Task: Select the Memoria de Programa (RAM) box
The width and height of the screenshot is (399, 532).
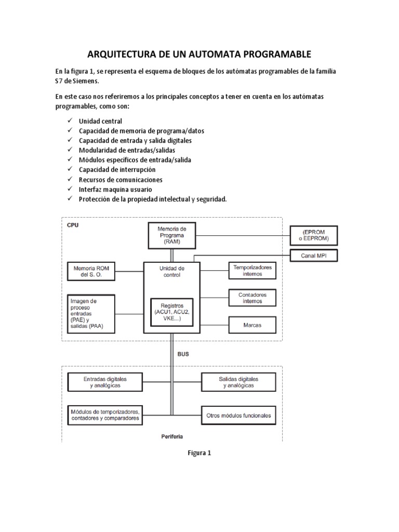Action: pyautogui.click(x=171, y=235)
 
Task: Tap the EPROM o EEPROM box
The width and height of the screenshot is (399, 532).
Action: pyautogui.click(x=313, y=235)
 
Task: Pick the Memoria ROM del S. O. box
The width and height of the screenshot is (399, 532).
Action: pyautogui.click(x=91, y=271)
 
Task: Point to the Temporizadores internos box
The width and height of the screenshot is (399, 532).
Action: pyautogui.click(x=252, y=270)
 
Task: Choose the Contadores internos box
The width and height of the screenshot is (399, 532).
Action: pyautogui.click(x=252, y=298)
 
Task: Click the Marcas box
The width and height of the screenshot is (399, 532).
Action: pyautogui.click(x=252, y=325)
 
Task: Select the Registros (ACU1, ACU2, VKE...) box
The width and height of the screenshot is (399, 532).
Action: pyautogui.click(x=171, y=312)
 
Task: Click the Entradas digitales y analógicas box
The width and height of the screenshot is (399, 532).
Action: pyautogui.click(x=104, y=382)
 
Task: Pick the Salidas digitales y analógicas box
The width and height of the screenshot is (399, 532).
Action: pyautogui.click(x=238, y=382)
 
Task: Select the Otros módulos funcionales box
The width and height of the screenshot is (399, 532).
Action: pyautogui.click(x=238, y=416)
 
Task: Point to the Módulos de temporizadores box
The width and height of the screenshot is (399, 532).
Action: pyautogui.click(x=104, y=415)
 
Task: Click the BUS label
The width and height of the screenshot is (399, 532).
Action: pyautogui.click(x=183, y=353)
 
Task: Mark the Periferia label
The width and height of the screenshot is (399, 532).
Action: pyautogui.click(x=172, y=436)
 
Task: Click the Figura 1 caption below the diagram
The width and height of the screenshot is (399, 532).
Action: pyautogui.click(x=199, y=453)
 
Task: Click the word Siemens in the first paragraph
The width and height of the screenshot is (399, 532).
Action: pyautogui.click(x=83, y=81)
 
